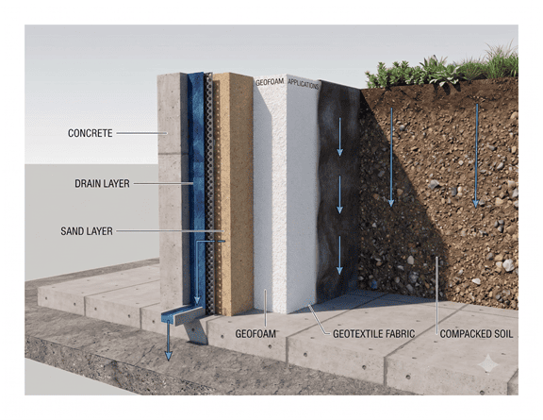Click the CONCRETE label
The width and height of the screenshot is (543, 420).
[x=90, y=133]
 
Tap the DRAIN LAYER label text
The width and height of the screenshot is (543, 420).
[x=102, y=183]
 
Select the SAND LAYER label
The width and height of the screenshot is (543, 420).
[x=87, y=231]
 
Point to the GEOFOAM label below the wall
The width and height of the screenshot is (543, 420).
[x=255, y=334]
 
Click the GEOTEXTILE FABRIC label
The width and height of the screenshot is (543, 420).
[x=373, y=334]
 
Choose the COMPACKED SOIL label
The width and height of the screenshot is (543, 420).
[x=476, y=334]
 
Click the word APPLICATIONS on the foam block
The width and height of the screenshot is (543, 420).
[x=303, y=84]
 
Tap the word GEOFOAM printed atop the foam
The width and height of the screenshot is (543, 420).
[x=270, y=82]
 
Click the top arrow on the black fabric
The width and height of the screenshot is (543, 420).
[x=339, y=137]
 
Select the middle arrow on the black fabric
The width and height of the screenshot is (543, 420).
[x=339, y=194]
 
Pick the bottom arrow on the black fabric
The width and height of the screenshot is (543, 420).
[x=339, y=255]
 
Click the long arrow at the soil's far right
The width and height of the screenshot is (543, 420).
[x=476, y=156]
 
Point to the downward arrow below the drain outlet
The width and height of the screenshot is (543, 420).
[x=169, y=340]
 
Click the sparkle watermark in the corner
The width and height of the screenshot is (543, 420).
[x=488, y=363]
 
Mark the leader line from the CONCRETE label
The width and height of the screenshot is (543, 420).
[x=142, y=133]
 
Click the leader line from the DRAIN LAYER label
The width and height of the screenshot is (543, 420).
[x=163, y=183]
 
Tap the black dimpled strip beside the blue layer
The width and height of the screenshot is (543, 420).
[x=209, y=194]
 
